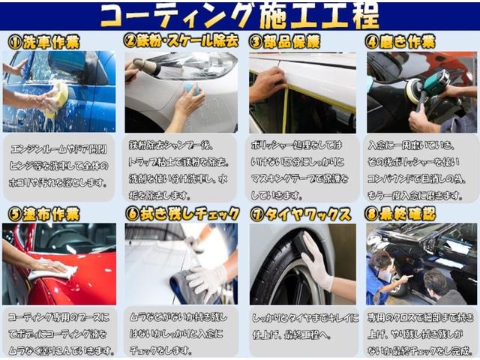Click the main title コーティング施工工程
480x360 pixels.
[240, 15]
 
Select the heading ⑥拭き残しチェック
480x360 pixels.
[182, 214]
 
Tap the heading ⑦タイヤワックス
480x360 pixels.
[300, 214]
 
